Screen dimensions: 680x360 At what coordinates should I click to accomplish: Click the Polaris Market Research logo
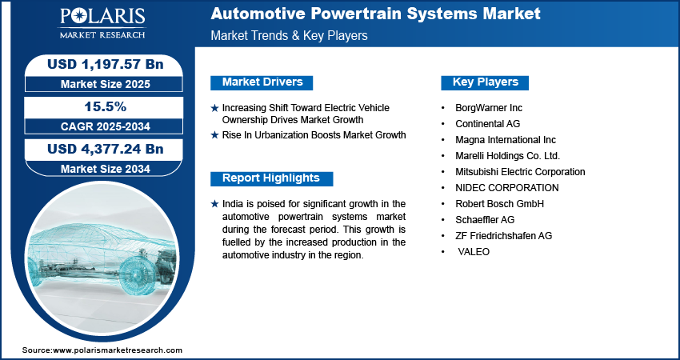[x=102, y=23]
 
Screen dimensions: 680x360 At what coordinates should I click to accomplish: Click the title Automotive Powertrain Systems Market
[x=375, y=14]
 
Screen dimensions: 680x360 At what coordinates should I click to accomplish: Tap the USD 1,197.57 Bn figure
[x=106, y=64]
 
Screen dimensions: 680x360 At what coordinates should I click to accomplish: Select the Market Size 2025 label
[x=106, y=84]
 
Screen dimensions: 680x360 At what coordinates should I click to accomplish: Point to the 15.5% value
[x=106, y=106]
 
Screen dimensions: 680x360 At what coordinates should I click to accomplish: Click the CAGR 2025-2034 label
[x=106, y=126]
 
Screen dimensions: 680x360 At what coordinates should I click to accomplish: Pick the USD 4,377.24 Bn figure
[x=106, y=149]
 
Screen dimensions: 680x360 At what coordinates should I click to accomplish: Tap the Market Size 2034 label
[x=106, y=169]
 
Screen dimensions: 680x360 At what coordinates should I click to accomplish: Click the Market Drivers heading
[x=262, y=82]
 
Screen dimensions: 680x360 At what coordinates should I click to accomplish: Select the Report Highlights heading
[x=271, y=178]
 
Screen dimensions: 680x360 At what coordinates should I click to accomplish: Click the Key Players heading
[x=486, y=82]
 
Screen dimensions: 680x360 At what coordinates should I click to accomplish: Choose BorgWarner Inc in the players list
[x=489, y=107]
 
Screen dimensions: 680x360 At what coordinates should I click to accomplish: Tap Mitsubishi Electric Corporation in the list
[x=520, y=172]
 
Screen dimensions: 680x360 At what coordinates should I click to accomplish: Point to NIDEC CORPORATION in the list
[x=507, y=188]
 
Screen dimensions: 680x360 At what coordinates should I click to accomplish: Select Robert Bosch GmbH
[x=499, y=204]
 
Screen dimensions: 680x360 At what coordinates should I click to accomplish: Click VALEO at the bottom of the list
[x=474, y=252]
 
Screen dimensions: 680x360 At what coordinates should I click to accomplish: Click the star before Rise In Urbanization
[x=214, y=135]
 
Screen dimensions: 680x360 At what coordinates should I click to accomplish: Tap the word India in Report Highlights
[x=231, y=203]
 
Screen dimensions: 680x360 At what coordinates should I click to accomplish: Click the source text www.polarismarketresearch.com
[x=118, y=350]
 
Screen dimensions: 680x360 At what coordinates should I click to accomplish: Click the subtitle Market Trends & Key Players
[x=290, y=35]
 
